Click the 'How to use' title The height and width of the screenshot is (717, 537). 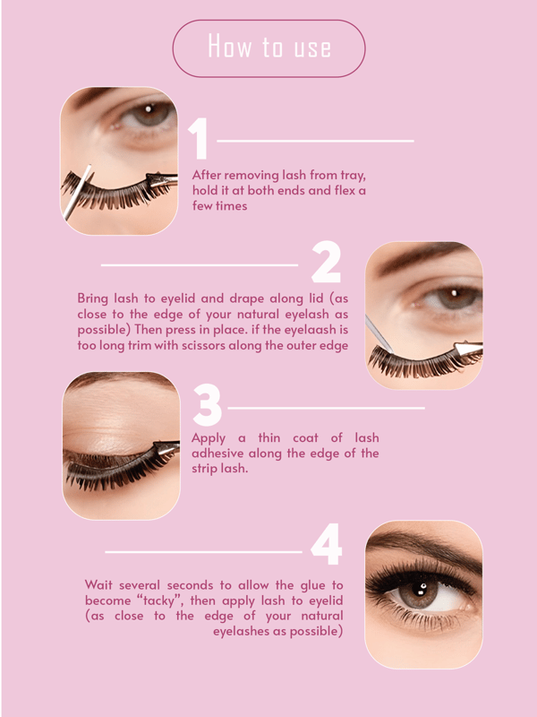tap(269, 47)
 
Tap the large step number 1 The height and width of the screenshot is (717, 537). tap(199, 139)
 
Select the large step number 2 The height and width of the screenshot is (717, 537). tap(326, 262)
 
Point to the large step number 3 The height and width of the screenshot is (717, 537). tap(207, 405)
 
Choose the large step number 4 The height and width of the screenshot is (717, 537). tap(326, 545)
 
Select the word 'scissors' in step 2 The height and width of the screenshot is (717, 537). tap(203, 345)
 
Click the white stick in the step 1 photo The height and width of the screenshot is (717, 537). tap(78, 193)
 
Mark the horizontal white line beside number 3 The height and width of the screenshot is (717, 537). tap(326, 408)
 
